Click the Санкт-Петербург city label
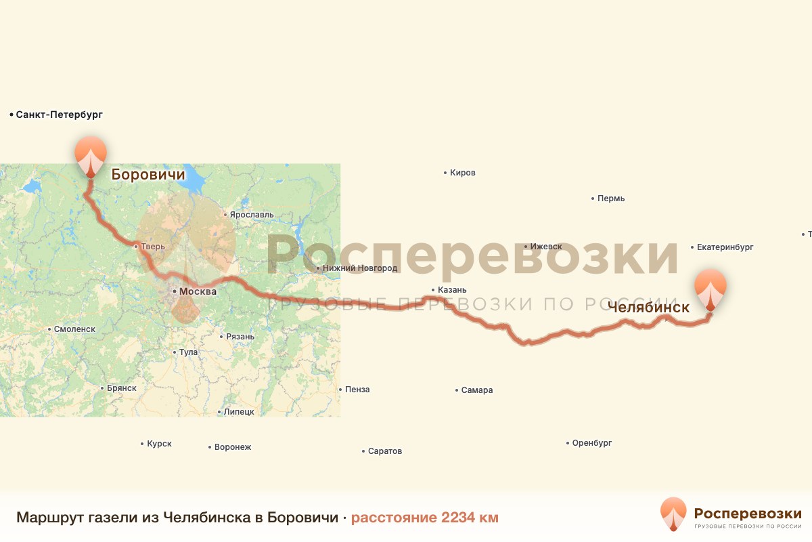[x=59, y=115]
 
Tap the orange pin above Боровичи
[x=91, y=154]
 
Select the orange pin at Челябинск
[x=710, y=287]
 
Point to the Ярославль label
[x=251, y=215]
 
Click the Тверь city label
[x=152, y=247]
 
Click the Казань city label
[x=453, y=291]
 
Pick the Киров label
[x=463, y=173]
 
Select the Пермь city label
[x=611, y=199]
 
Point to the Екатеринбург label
[x=725, y=247]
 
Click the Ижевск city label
[x=547, y=247]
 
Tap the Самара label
[x=477, y=390]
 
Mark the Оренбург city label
[x=592, y=443]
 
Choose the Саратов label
[x=385, y=451]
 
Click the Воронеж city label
[x=232, y=447]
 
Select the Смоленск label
[x=74, y=329]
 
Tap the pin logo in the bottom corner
[x=673, y=514]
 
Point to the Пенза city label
[x=357, y=390]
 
